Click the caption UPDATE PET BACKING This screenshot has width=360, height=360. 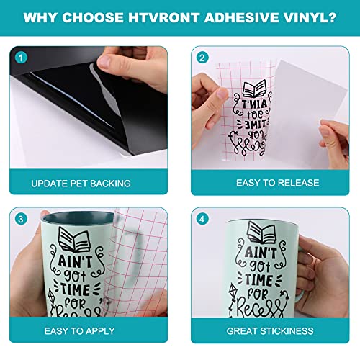[81, 183]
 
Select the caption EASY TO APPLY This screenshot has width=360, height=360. [81, 331]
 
